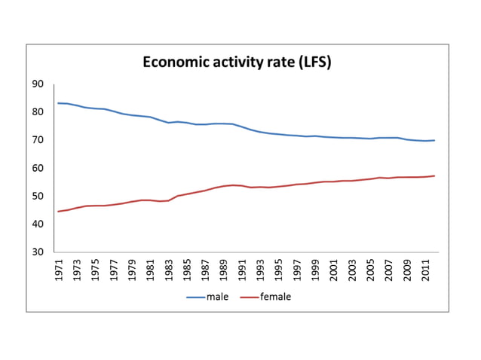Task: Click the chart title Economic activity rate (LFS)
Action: click(237, 62)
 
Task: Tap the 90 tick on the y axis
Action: click(38, 84)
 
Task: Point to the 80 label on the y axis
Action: click(38, 112)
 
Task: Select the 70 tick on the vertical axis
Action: click(38, 140)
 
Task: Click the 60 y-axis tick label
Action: click(38, 168)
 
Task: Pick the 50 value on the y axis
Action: click(38, 197)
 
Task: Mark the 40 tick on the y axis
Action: click(38, 224)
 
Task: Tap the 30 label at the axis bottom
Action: click(38, 252)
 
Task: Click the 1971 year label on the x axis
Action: click(59, 270)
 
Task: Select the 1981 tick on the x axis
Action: click(151, 270)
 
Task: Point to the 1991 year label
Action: click(242, 270)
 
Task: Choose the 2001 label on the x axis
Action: click(334, 270)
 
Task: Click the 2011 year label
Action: click(426, 270)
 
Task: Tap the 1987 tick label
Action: click(206, 270)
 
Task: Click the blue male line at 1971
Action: click(59, 103)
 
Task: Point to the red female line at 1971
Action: click(59, 211)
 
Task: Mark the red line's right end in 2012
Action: click(434, 176)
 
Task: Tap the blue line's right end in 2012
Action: click(434, 140)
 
